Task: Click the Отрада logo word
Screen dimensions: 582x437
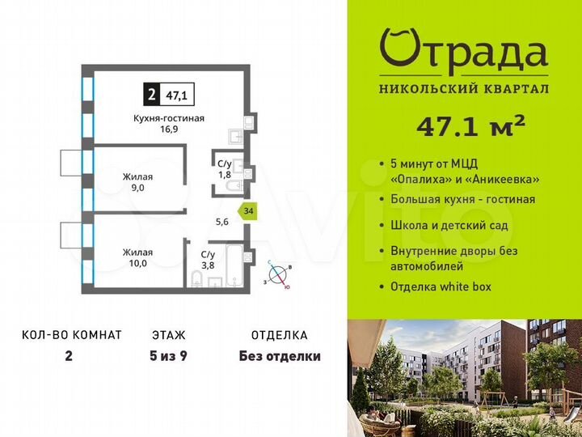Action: point(464,52)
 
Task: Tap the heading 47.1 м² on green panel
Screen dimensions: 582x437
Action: point(470,127)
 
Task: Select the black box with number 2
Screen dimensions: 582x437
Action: point(151,95)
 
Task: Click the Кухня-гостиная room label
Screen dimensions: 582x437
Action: point(169,118)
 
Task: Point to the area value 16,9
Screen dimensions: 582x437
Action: point(169,129)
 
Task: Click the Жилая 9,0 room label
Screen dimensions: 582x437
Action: point(137,182)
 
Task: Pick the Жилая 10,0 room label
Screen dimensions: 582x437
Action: point(137,257)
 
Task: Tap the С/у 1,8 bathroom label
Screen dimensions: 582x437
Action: point(225,168)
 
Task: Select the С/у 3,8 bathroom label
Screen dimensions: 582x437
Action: point(208,260)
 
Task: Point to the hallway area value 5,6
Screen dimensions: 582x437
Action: point(222,222)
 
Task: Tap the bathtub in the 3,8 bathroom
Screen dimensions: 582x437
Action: point(234,265)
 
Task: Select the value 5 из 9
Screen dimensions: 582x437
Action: point(168,356)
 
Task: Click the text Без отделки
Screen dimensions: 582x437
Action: point(280,356)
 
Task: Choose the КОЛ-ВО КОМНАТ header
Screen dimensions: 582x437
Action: point(72,335)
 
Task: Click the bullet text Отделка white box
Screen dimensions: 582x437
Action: point(441,286)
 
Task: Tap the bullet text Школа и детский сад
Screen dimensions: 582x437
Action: point(449,225)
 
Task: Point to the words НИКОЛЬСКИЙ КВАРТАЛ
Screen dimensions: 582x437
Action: point(464,89)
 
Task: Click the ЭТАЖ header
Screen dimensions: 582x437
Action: point(168,335)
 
